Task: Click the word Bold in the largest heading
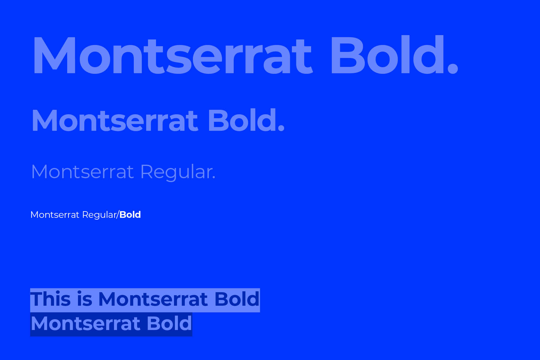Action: point(387,54)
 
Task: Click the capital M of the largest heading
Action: point(55,55)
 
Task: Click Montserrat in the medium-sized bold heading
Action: point(115,121)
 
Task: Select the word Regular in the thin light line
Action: point(176,172)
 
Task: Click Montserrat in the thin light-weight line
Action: point(82,172)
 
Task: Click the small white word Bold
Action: point(130,214)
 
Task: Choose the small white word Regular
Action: point(99,215)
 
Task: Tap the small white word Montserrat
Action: point(55,215)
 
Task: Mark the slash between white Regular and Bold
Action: point(118,215)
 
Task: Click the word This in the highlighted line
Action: point(50,299)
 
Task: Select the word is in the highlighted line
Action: point(85,299)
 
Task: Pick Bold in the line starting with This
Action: point(237,299)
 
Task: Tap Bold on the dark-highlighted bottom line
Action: point(169,323)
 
